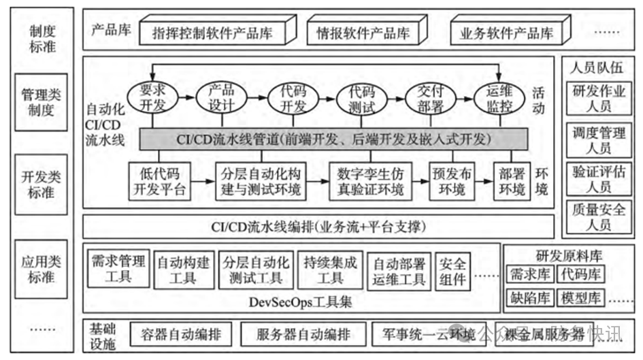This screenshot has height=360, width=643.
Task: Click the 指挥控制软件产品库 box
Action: point(213,32)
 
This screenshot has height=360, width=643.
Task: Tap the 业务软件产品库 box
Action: point(506,32)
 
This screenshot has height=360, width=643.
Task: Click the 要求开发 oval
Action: point(148,99)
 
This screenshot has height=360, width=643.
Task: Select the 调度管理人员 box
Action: point(599,140)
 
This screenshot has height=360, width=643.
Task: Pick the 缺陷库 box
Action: point(529,298)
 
